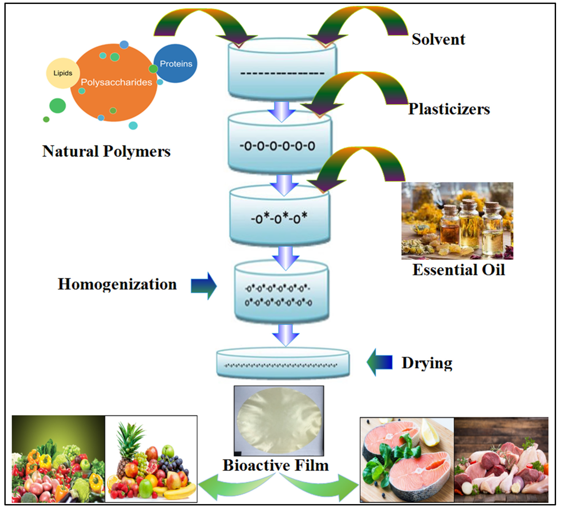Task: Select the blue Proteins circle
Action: [x=176, y=64]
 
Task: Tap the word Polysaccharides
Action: [x=116, y=82]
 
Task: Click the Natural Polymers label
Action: [x=106, y=152]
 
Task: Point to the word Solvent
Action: [x=438, y=39]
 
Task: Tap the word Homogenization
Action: [x=117, y=284]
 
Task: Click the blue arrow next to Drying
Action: [x=380, y=362]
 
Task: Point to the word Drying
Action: [x=427, y=363]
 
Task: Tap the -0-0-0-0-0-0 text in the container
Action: [x=277, y=146]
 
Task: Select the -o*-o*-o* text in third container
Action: [x=279, y=218]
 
